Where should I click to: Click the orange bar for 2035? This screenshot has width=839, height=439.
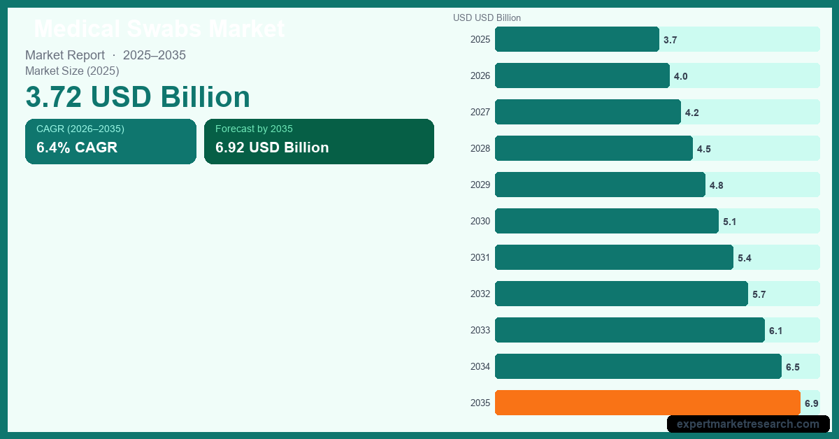(647, 403)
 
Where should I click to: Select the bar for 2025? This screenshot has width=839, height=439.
(577, 39)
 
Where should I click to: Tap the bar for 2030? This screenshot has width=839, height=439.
(606, 221)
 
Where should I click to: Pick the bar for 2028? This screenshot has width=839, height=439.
(594, 148)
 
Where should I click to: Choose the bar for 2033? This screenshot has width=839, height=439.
(629, 330)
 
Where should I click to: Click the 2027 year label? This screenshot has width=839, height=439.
(480, 112)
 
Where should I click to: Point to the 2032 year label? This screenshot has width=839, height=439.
(480, 294)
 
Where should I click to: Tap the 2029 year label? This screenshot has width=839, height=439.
(480, 185)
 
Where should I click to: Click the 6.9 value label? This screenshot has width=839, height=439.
(811, 403)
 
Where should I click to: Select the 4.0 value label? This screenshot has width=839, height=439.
(680, 76)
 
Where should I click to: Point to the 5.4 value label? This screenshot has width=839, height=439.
(744, 258)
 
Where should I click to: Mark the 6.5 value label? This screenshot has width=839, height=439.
(792, 367)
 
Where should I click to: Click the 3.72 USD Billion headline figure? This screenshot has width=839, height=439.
(138, 96)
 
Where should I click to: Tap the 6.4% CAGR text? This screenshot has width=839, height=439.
(77, 147)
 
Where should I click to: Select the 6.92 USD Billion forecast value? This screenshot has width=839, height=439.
(272, 147)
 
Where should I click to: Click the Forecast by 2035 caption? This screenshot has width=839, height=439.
(254, 129)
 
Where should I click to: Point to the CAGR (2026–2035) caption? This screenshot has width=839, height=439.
(80, 129)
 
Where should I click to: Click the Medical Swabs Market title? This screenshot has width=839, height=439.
(159, 29)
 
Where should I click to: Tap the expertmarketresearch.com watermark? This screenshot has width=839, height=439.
(748, 424)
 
